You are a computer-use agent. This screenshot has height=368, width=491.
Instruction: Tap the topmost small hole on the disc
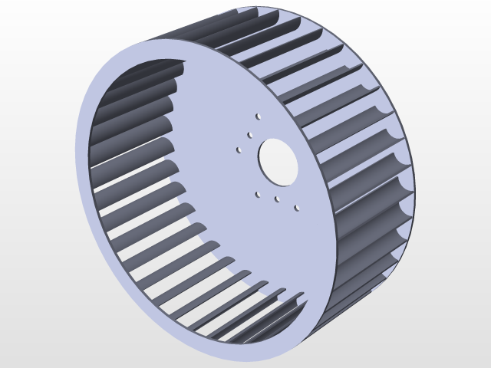tap(258, 117)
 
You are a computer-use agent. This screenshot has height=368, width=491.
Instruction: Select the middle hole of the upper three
tap(250, 135)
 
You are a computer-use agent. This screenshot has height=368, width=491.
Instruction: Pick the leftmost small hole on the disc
tap(239, 150)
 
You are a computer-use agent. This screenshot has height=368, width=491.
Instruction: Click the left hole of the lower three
tap(258, 194)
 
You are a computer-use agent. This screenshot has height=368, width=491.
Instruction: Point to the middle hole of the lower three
tap(277, 199)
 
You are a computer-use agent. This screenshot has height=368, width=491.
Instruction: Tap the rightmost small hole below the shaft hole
tap(297, 208)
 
